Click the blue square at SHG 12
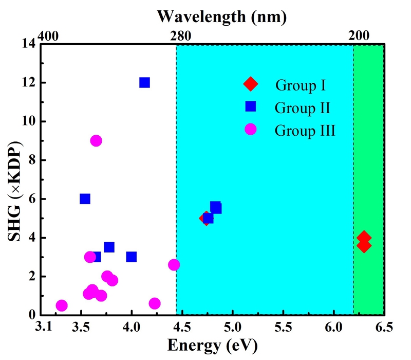tap(144, 82)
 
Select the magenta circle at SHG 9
tap(96, 140)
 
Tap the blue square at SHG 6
tap(85, 199)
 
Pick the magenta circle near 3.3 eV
tap(62, 305)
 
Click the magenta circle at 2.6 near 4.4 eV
tap(174, 264)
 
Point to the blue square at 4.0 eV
tap(132, 257)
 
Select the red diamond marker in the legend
tap(251, 83)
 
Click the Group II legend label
tap(302, 107)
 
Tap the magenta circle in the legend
tap(251, 130)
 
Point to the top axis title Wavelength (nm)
tap(221, 16)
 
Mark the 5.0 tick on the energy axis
tap(232, 328)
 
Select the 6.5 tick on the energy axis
tap(384, 328)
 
